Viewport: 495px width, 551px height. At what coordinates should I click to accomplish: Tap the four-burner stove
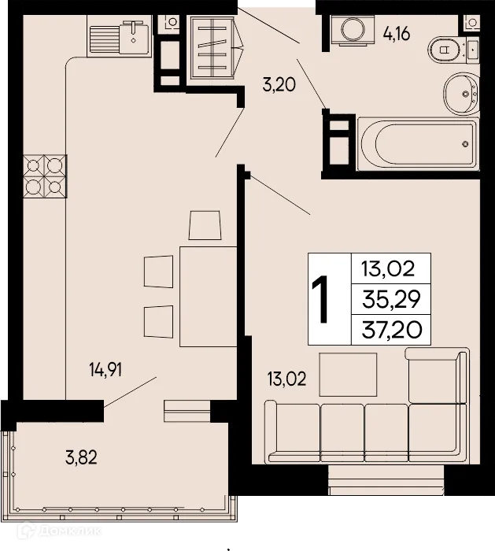(45, 176)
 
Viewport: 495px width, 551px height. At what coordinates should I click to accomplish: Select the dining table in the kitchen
(208, 296)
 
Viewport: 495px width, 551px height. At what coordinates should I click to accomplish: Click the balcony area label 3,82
(79, 456)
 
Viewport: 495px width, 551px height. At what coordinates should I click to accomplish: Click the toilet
(453, 50)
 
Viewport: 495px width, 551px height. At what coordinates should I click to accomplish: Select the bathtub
(417, 144)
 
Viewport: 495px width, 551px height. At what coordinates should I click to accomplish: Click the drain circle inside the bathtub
(466, 144)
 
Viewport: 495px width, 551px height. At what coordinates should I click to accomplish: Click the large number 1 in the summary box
(320, 300)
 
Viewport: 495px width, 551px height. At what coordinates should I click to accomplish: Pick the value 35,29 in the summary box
(390, 299)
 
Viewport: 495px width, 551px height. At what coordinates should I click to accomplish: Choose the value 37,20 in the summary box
(390, 330)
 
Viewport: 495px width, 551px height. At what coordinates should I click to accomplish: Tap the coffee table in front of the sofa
(347, 373)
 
